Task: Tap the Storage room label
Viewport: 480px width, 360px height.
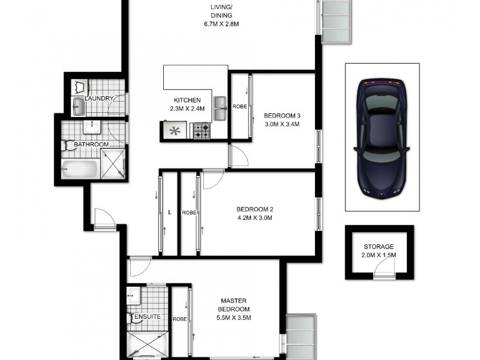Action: pyautogui.click(x=379, y=247)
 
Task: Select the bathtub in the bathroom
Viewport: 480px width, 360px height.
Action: pyautogui.click(x=79, y=168)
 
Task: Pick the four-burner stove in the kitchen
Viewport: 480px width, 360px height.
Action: pyautogui.click(x=201, y=130)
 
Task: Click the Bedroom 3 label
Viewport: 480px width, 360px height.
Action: pyautogui.click(x=281, y=115)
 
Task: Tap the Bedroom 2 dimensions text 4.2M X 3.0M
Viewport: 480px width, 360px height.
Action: pyautogui.click(x=254, y=218)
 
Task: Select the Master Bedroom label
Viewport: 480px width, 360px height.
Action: pyautogui.click(x=235, y=305)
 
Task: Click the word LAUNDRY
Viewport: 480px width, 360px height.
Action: pyautogui.click(x=100, y=98)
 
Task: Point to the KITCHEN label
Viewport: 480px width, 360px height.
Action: pyautogui.click(x=187, y=100)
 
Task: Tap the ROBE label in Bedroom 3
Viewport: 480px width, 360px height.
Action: pyautogui.click(x=240, y=106)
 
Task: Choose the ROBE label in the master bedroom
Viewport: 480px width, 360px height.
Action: pyautogui.click(x=180, y=319)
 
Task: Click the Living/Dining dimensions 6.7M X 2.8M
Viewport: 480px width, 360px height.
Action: pyautogui.click(x=221, y=25)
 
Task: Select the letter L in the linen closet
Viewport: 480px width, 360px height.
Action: pyautogui.click(x=170, y=212)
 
